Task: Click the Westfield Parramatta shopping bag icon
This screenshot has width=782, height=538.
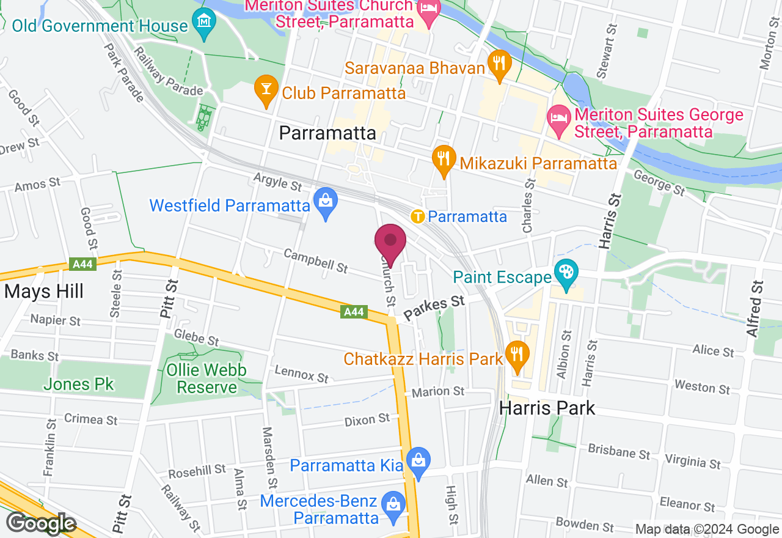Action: pyautogui.click(x=325, y=203)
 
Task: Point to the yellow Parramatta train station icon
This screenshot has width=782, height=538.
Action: pyautogui.click(x=418, y=216)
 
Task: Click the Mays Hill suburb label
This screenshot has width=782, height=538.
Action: pyautogui.click(x=43, y=291)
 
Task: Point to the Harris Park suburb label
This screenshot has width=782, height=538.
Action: pyautogui.click(x=547, y=408)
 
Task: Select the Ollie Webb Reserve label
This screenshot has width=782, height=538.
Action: pyautogui.click(x=207, y=378)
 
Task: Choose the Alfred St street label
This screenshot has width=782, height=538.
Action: pyautogui.click(x=755, y=309)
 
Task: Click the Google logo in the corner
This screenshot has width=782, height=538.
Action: pyautogui.click(x=40, y=523)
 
